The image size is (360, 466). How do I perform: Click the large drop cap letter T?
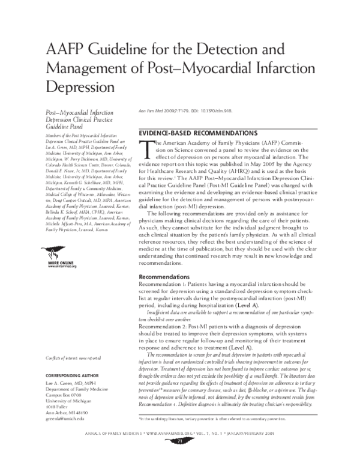144,148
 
